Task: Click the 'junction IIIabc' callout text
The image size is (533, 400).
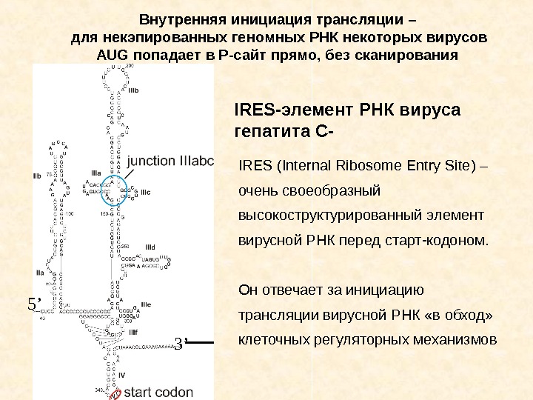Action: tap(170, 161)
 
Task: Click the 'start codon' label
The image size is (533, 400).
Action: tap(159, 392)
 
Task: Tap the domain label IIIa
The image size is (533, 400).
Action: tap(95, 173)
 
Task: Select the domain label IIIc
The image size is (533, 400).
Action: tap(146, 193)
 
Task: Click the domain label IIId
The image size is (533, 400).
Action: tap(150, 246)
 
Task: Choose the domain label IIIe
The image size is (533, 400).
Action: tap(146, 304)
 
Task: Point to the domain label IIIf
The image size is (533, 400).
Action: tap(133, 333)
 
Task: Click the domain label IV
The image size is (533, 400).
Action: tap(122, 375)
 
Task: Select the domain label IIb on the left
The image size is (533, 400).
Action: tap(37, 176)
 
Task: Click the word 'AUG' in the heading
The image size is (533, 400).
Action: tap(113, 56)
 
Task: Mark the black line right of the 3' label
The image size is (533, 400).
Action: tap(201, 342)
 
